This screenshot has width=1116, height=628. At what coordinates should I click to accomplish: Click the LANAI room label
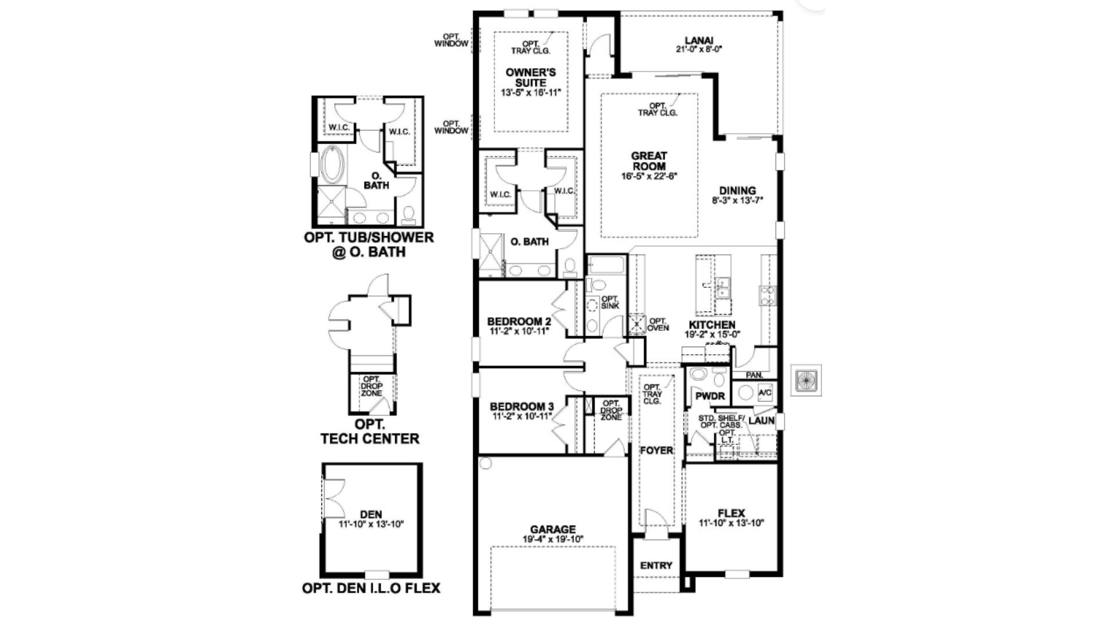pos(699,41)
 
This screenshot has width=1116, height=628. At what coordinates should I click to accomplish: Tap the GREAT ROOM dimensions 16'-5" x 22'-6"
pos(649,176)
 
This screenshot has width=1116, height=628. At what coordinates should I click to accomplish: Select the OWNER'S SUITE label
pos(530,77)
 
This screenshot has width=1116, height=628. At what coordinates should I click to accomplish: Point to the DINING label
pos(737,191)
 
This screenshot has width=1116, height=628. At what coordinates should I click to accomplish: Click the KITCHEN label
pos(712,325)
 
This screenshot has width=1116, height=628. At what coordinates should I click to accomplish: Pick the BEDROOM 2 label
pos(519,322)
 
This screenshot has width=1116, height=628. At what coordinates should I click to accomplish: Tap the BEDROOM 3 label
pos(521,406)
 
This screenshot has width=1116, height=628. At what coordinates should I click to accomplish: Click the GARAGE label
pos(553,529)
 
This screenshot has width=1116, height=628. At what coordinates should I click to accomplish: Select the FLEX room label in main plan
pos(731,513)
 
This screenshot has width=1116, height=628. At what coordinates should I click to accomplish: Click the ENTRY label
pos(656,565)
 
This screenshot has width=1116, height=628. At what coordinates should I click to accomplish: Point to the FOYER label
pos(656,451)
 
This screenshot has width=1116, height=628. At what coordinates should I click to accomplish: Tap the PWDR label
pos(710,396)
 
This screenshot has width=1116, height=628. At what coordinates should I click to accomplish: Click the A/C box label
pos(765,392)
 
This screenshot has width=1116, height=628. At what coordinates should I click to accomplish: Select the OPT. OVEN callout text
pos(658,324)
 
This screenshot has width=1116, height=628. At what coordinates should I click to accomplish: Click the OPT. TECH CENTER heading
pos(370,431)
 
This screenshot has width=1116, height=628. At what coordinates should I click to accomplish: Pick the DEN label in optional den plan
pos(371,514)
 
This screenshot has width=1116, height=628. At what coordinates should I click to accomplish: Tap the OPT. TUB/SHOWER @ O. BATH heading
pos(369,245)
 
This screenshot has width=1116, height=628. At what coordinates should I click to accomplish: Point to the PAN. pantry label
pos(754,376)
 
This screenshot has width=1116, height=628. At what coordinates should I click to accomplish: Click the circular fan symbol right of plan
pos(806,380)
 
